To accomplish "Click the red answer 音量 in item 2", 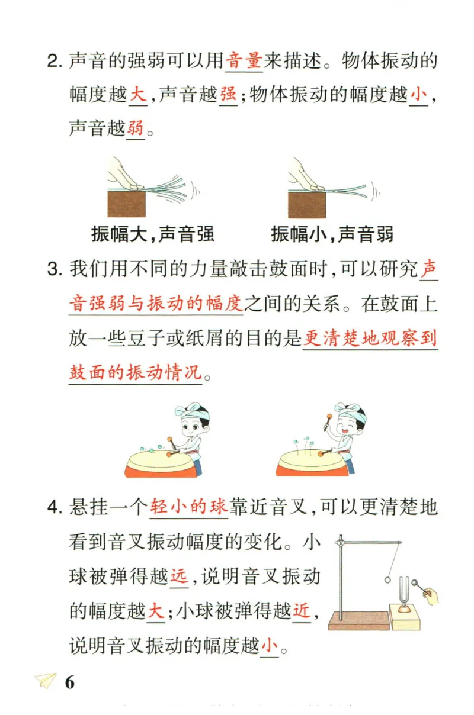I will (x=244, y=61).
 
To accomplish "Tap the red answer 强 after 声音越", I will (x=228, y=95).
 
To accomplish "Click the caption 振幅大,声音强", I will (x=153, y=234).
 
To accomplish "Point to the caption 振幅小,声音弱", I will (x=332, y=234).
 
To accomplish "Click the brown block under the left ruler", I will (x=126, y=204).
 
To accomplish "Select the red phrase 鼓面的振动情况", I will (x=135, y=372).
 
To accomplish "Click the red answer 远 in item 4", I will (x=178, y=576).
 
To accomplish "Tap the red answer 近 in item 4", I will (x=302, y=611).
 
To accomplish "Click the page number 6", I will (x=70, y=682).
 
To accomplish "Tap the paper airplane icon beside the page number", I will (x=45, y=681).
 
